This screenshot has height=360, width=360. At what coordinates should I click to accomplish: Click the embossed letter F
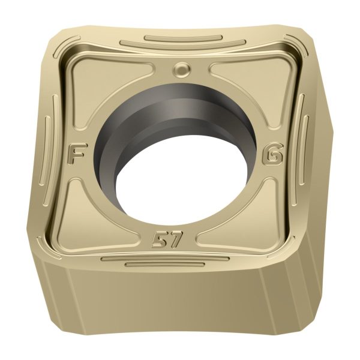tap(75, 155)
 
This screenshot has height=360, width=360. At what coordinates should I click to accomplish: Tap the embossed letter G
tap(274, 156)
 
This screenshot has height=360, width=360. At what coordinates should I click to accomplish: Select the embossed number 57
tap(167, 239)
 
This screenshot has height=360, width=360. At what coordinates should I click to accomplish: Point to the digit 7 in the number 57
tap(175, 239)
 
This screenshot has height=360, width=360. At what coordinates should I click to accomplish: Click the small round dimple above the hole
tap(182, 68)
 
